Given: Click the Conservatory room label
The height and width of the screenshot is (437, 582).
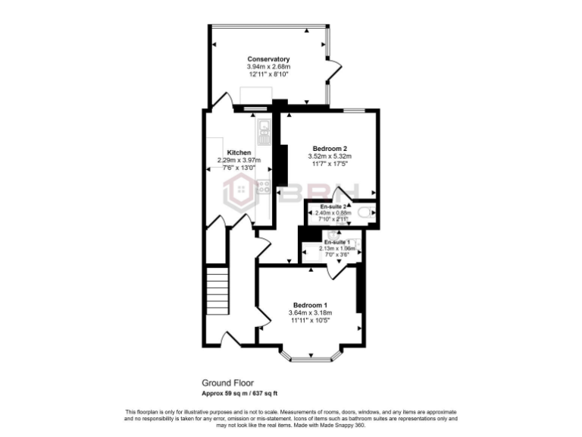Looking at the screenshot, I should coord(268,58).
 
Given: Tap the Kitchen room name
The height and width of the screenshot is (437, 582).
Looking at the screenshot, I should coord(239,152).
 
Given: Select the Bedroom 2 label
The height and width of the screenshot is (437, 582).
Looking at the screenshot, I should coord(330,148).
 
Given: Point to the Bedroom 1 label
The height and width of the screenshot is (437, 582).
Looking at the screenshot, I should coord(309,305).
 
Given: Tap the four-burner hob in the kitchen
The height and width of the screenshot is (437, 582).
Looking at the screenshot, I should coord(264,186).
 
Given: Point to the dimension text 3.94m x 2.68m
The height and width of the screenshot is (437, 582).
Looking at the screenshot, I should coord(268,67).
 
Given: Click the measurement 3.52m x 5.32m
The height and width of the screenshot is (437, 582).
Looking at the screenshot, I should coord(330,156).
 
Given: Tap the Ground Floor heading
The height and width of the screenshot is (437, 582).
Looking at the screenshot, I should coord(227,383).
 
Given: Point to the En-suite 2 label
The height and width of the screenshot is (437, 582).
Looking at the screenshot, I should coord(333,206).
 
